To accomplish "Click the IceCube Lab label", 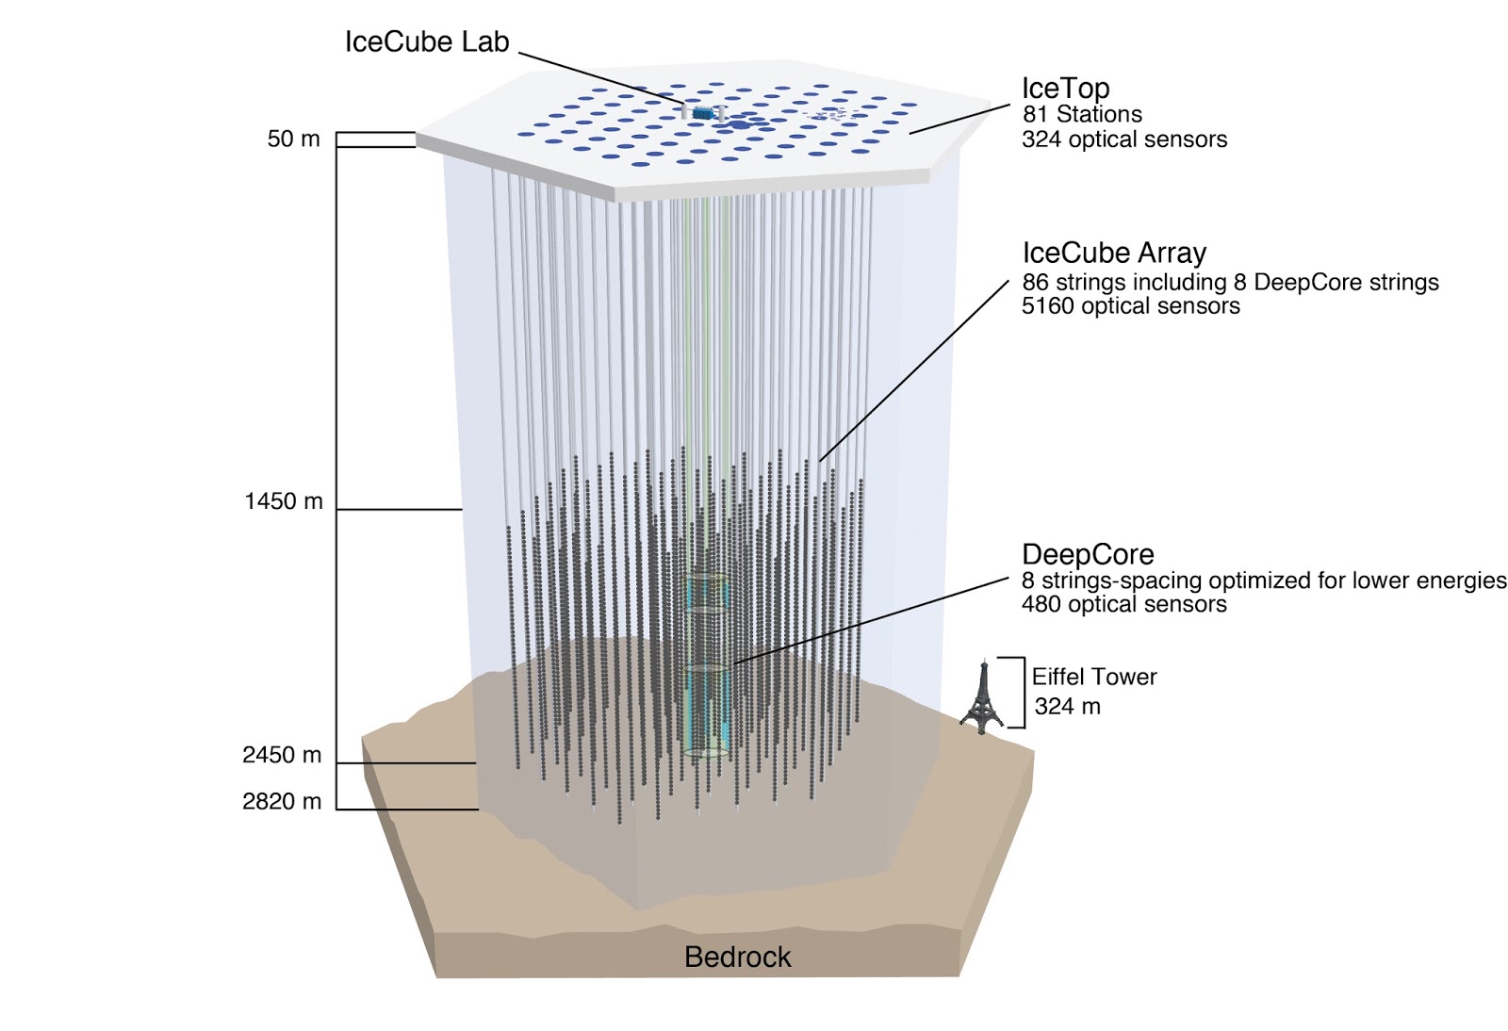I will tap(426, 42).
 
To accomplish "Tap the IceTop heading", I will tap(1065, 89).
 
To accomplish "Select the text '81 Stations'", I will tap(1082, 115).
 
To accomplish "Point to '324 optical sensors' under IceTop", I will tap(1124, 139).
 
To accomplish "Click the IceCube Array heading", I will tap(1114, 254).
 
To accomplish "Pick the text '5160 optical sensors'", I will tap(1130, 306).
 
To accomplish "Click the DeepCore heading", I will tap(1088, 555).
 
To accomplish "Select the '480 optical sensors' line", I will tap(1123, 605).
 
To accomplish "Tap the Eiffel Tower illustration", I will tap(982, 697).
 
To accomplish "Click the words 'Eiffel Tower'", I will tap(1093, 677).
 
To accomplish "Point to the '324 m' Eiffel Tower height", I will tap(1067, 707).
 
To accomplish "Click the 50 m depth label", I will tap(293, 139).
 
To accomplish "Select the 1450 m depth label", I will tap(283, 501).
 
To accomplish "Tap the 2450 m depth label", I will tap(282, 755).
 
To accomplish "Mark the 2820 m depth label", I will tap(282, 802).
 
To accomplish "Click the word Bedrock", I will tap(737, 957).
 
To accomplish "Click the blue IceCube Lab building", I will tap(702, 112).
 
